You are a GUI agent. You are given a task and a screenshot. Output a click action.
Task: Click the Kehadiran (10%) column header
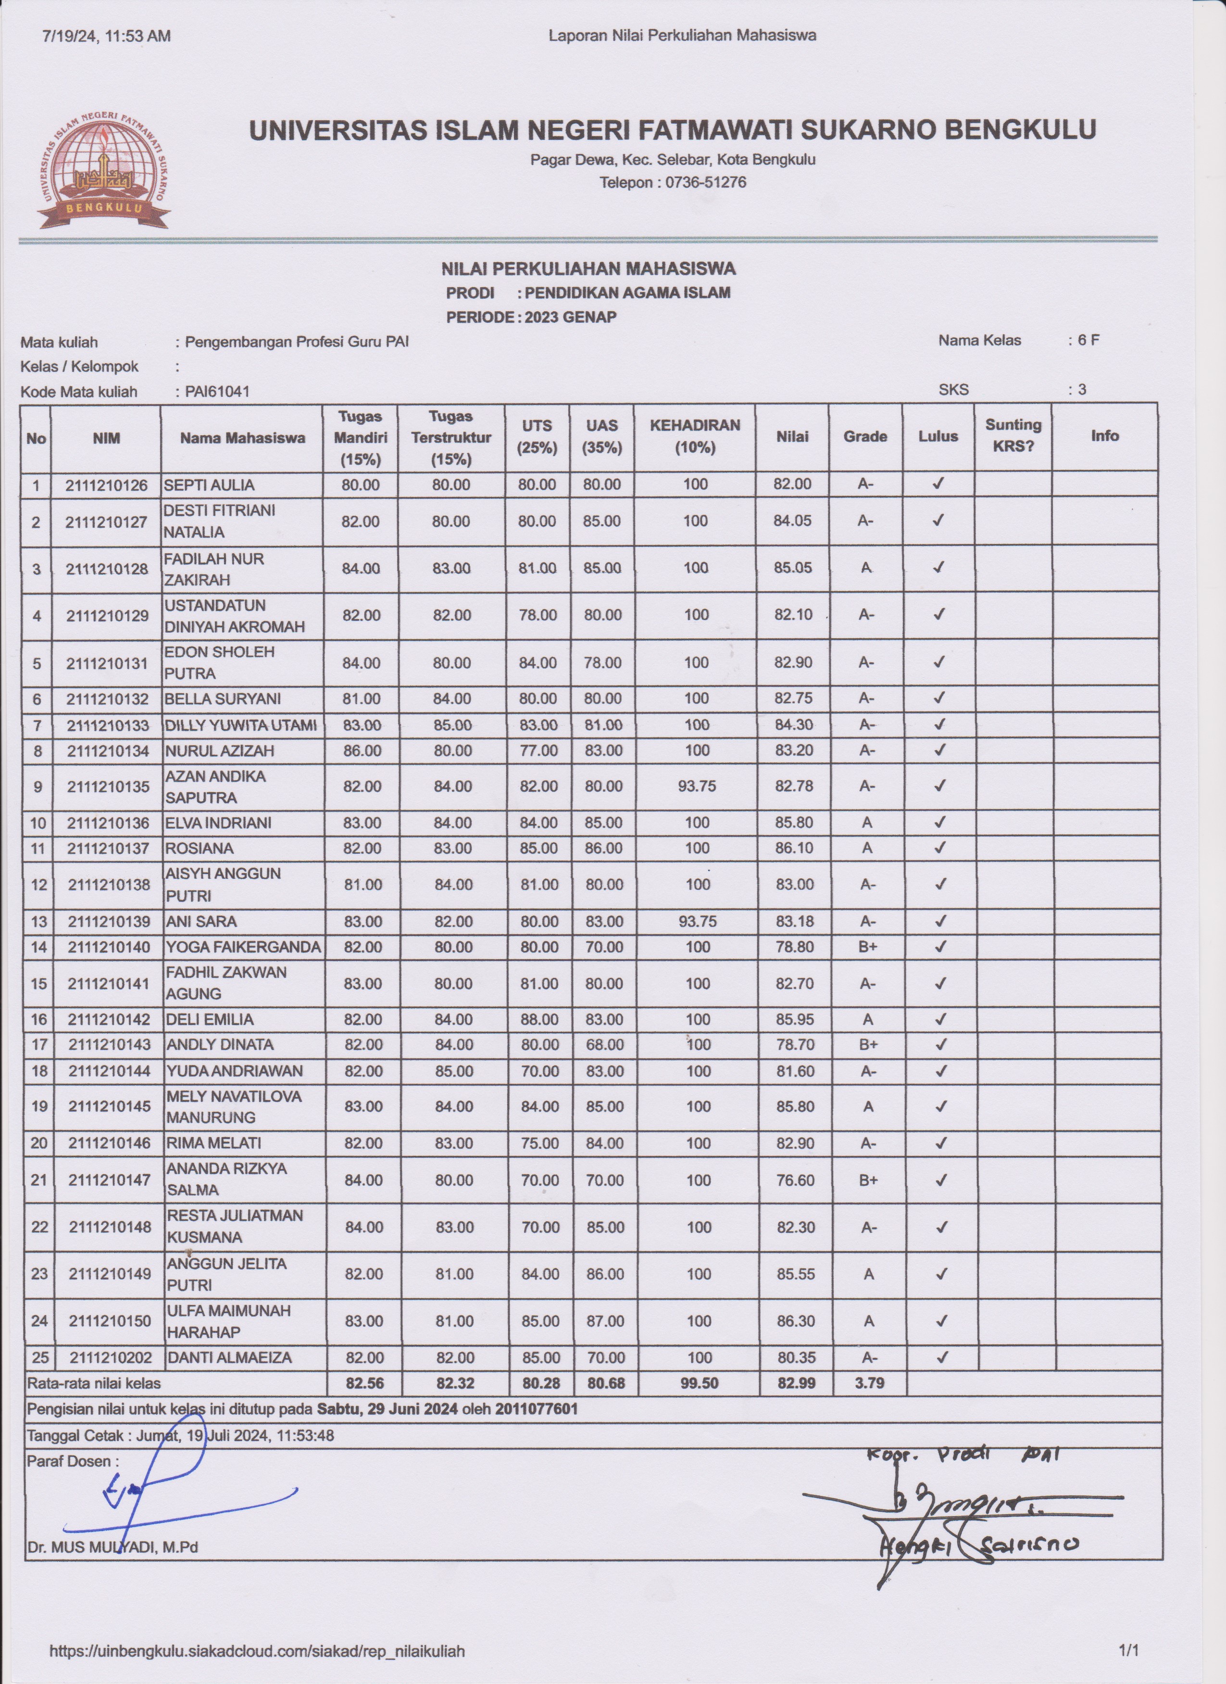pos(695,437)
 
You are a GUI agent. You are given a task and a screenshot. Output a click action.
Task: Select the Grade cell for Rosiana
pos(867,848)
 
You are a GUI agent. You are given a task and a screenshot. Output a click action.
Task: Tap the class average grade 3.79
pos(868,1383)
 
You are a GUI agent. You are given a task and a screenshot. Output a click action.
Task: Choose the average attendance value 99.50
pos(698,1383)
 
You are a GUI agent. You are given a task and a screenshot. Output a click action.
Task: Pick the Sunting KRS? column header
pos(1013,437)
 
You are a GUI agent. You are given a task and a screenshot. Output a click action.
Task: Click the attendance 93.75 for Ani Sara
pos(697,922)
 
